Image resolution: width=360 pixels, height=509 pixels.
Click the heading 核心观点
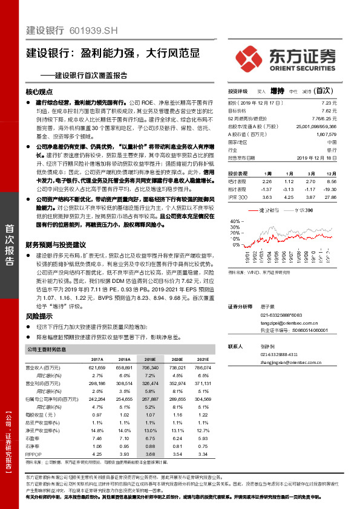tap(39, 92)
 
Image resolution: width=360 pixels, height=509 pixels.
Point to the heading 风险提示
tap(39, 316)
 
